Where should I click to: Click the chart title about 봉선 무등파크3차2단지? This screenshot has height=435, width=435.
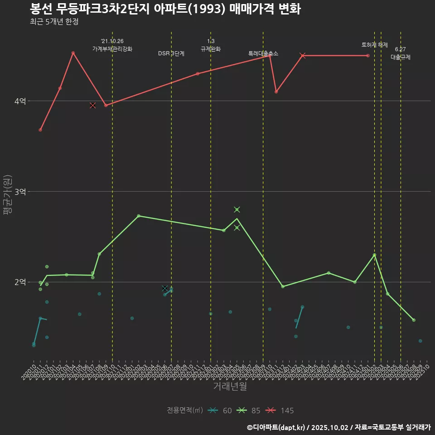coord(165,9)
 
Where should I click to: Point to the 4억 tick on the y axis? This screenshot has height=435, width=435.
coord(19,101)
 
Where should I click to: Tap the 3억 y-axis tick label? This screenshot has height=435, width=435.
coord(19,192)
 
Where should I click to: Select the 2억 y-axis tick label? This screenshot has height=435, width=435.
coord(19,282)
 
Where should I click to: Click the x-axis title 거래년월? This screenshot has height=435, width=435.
coord(230,386)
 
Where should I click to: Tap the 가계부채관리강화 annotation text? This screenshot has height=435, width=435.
coord(112,49)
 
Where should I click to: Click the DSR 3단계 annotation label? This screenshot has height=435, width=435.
coord(171,53)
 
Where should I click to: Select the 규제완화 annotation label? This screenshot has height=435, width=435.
coord(211,49)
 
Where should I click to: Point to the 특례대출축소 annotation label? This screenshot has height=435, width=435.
coord(263,53)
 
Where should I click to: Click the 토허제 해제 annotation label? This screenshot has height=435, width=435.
coord(375,45)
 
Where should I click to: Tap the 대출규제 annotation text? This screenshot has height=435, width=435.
coord(401,57)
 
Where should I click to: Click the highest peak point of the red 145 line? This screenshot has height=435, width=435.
coord(73,53)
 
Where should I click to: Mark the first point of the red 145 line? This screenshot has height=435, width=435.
coord(40,130)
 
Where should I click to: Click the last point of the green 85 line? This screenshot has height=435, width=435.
coord(414,320)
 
